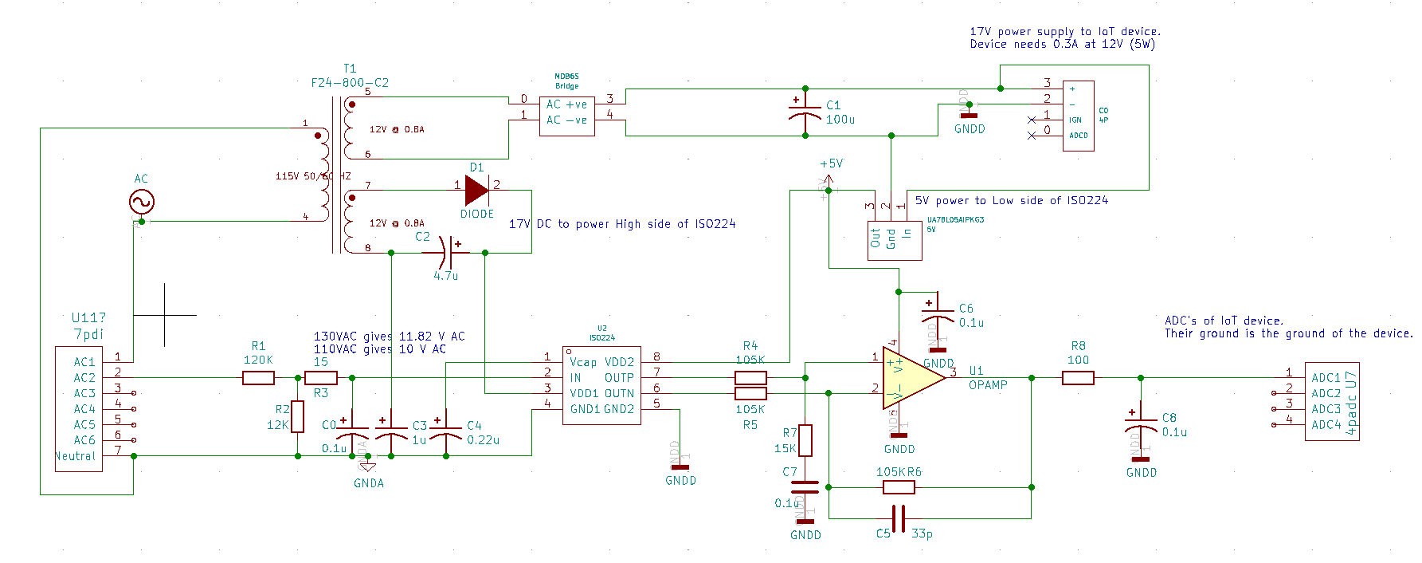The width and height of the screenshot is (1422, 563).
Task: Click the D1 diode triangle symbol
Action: pyautogui.click(x=476, y=191)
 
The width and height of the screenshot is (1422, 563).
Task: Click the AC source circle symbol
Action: pyautogui.click(x=141, y=202)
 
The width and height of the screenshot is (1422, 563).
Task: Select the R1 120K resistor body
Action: pyautogui.click(x=258, y=378)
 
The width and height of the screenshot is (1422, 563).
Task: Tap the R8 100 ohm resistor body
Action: pyautogui.click(x=1078, y=378)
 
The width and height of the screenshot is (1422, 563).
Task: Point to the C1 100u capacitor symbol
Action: pyautogui.click(x=805, y=112)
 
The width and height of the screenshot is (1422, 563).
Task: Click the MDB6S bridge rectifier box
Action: pyautogui.click(x=566, y=116)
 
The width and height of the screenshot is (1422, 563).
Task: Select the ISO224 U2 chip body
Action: pyautogui.click(x=601, y=384)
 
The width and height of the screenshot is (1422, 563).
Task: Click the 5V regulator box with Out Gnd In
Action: pyautogui.click(x=895, y=240)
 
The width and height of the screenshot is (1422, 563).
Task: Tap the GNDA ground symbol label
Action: pyautogui.click(x=369, y=483)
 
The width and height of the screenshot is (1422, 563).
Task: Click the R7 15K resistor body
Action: pyautogui.click(x=805, y=440)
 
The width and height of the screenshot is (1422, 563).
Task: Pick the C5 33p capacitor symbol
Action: pyautogui.click(x=899, y=518)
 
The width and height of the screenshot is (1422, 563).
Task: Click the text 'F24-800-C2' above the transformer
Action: pyautogui.click(x=350, y=83)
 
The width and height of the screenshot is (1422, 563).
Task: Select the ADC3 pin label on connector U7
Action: pyautogui.click(x=1326, y=409)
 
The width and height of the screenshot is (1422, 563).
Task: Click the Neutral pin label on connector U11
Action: pyautogui.click(x=75, y=456)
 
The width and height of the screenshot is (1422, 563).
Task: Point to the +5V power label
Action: pyautogui.click(x=831, y=163)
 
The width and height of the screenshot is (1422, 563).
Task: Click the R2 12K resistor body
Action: pyautogui.click(x=298, y=416)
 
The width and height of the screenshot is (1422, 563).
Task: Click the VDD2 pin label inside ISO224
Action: pyautogui.click(x=619, y=362)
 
